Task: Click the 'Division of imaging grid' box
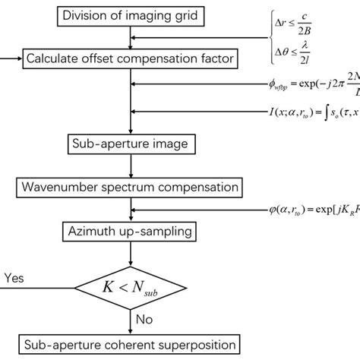tap(132, 15)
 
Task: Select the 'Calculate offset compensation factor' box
tap(132, 57)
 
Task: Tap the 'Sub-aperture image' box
tap(132, 142)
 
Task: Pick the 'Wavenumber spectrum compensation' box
tap(132, 186)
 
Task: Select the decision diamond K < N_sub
tap(132, 286)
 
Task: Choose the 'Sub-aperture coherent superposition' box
tap(132, 343)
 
